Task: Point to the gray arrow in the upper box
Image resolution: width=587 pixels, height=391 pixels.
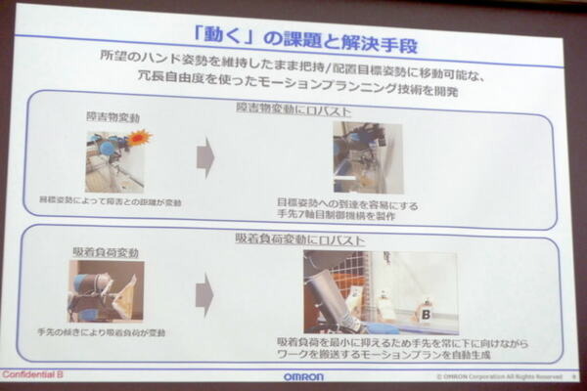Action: [x=205, y=156]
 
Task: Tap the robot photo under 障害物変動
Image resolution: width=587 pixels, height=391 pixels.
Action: [x=114, y=160]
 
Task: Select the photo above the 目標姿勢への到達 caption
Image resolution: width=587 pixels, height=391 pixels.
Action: [x=367, y=157]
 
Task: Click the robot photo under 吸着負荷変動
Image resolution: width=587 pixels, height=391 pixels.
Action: [x=106, y=291]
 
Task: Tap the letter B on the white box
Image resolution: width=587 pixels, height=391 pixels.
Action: [x=427, y=315]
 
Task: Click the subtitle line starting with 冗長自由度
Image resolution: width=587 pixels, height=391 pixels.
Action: [x=293, y=77]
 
